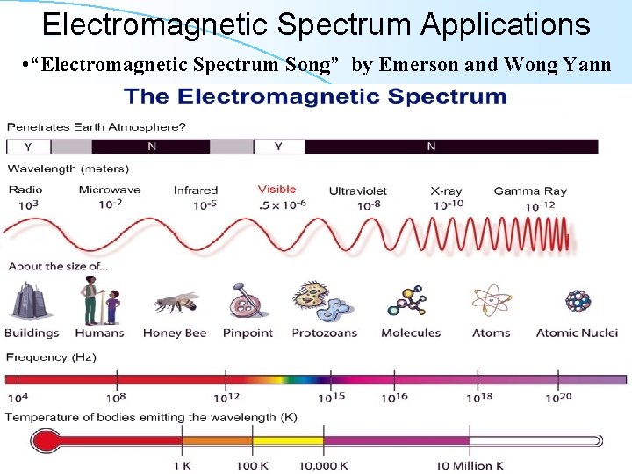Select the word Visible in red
click(x=277, y=189)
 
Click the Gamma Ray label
click(x=530, y=190)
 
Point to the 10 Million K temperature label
click(x=469, y=464)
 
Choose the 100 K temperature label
click(x=251, y=464)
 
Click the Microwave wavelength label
click(x=110, y=190)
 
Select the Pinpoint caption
click(x=248, y=333)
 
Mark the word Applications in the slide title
click(x=506, y=24)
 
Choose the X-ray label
click(x=446, y=190)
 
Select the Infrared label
click(x=195, y=190)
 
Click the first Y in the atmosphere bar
click(x=27, y=147)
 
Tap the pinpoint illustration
click(x=246, y=301)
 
